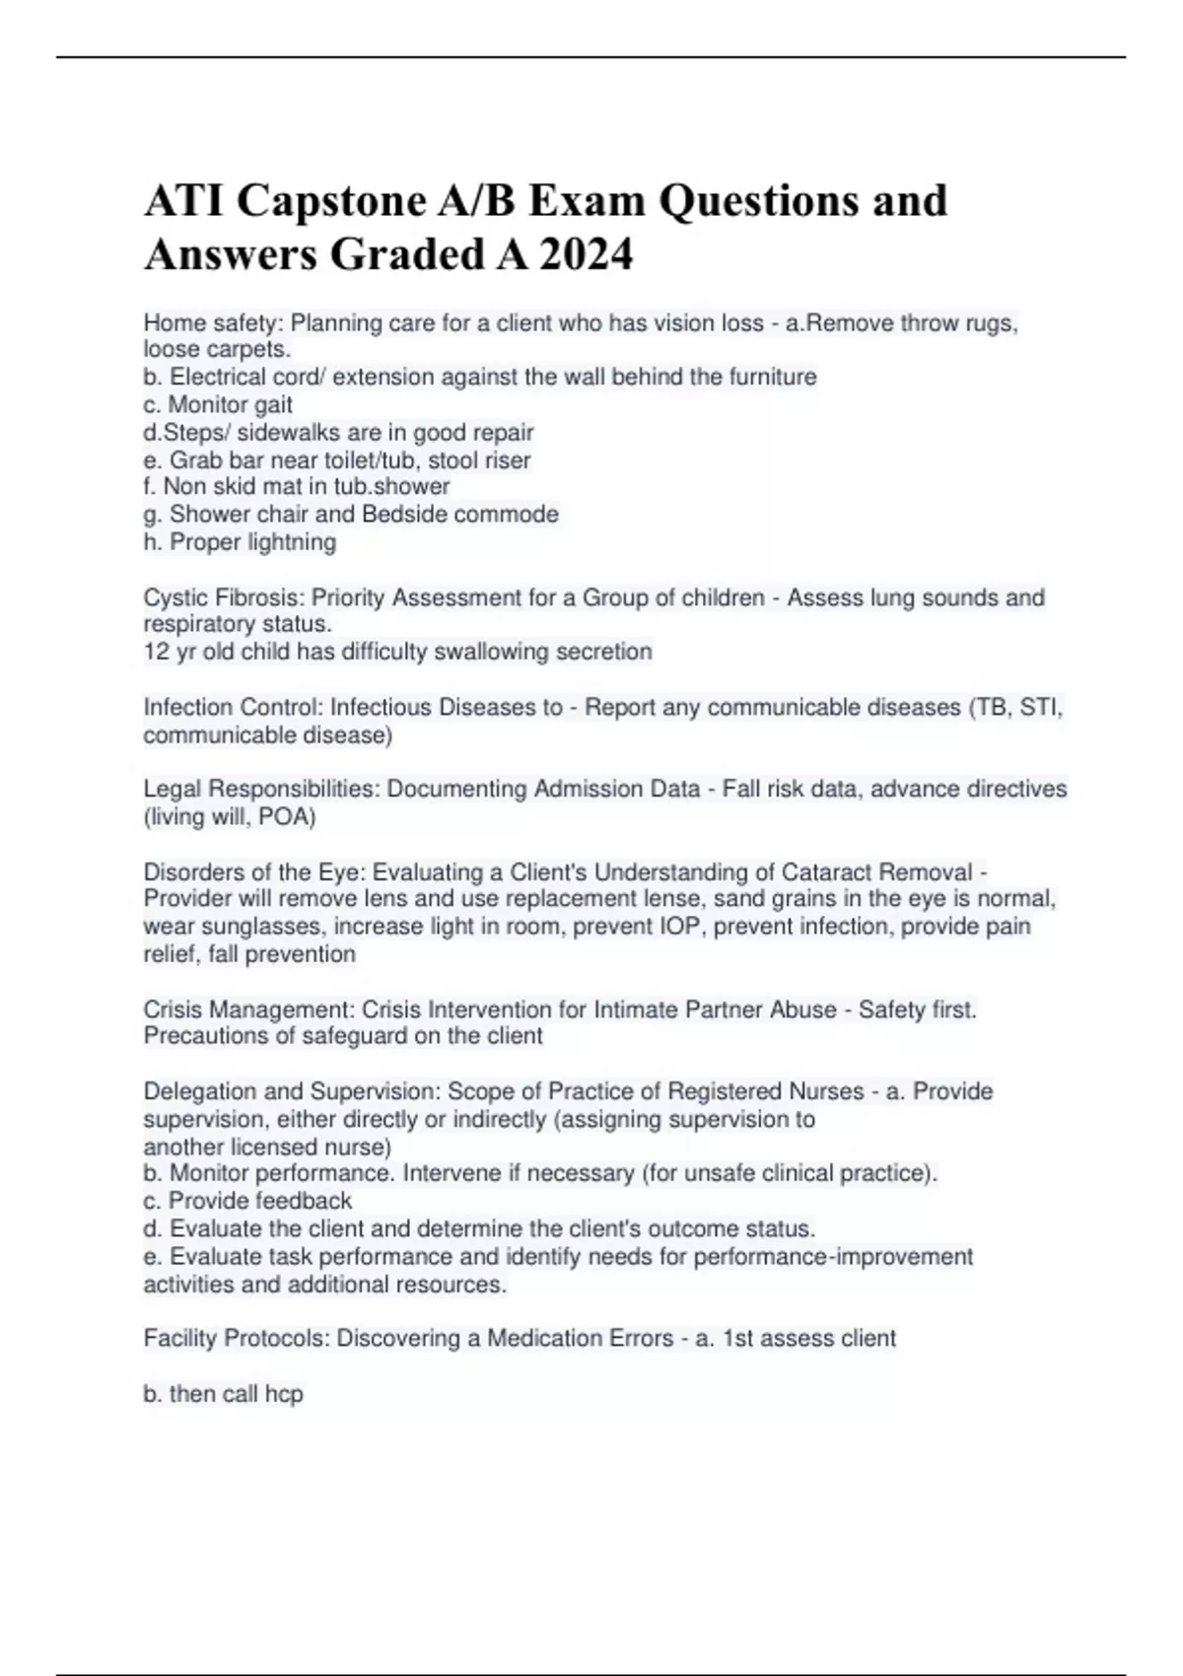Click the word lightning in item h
[293, 542]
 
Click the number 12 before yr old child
[156, 652]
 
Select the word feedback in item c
[302, 1201]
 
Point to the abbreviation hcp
[284, 1394]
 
